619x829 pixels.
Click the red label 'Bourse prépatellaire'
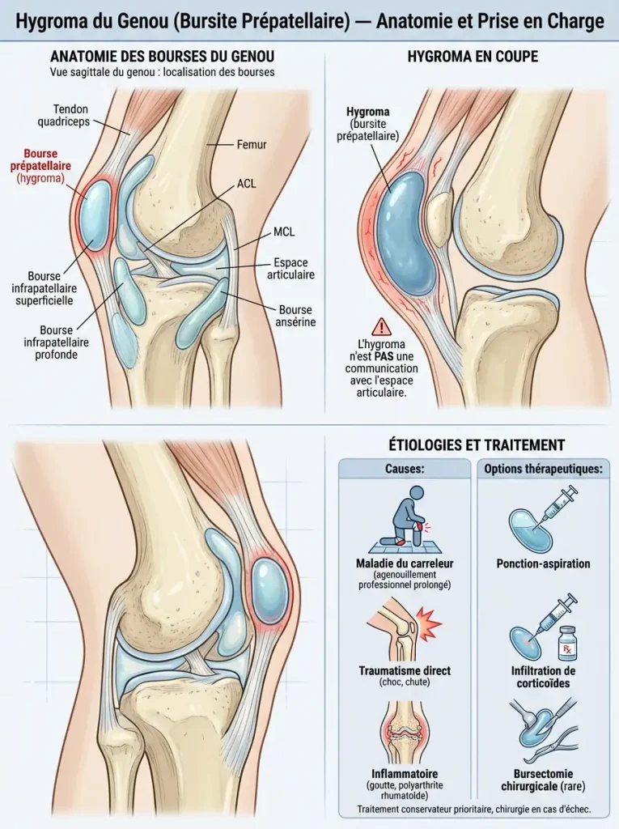coord(40,159)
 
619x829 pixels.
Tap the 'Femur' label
coord(252,144)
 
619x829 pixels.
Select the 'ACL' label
coord(246,184)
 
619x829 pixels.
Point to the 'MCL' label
coord(284,232)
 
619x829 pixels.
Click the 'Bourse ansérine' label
coord(295,316)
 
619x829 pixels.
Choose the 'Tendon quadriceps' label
coord(71,115)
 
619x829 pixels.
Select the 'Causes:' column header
coord(405,469)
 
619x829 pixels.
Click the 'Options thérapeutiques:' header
coord(544,469)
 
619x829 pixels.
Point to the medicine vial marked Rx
coord(566,643)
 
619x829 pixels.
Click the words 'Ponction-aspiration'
coord(544,563)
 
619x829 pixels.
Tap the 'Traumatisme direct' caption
coord(405,670)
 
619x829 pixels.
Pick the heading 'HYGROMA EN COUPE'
coord(473,57)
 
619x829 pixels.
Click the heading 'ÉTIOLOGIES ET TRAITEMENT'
coord(477,445)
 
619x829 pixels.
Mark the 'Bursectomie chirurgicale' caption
coord(544,780)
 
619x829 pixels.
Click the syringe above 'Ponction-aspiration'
coord(558,505)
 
